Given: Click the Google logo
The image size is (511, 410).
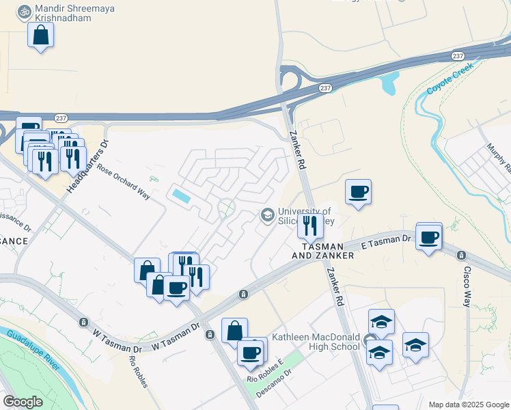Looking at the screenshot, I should click(23, 402).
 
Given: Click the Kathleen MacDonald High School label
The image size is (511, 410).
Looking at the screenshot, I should click(316, 342).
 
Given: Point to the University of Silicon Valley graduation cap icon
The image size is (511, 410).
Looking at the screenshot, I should click(267, 215).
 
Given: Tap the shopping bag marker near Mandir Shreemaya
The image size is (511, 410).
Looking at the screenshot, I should click(41, 34).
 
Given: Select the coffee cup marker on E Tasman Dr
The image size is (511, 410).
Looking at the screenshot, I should click(428, 237).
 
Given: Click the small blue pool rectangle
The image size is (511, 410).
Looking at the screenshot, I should click(182, 196).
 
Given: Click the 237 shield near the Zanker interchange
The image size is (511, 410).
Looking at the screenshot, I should click(327, 87).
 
